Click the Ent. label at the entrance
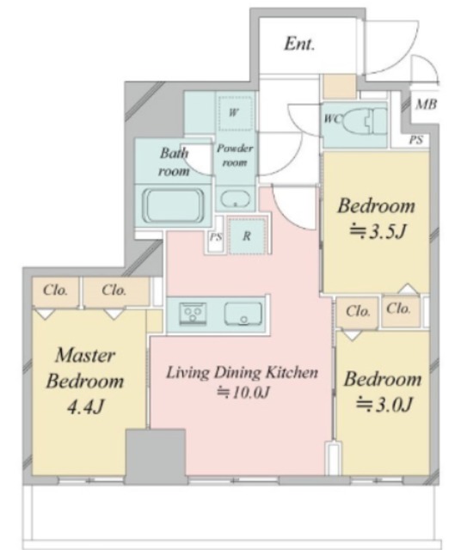click(x=299, y=44)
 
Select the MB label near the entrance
click(x=426, y=104)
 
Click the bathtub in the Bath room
click(x=174, y=205)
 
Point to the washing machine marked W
click(x=234, y=113)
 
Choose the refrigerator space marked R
click(x=247, y=235)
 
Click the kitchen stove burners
click(x=193, y=313)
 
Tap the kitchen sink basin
click(x=243, y=314)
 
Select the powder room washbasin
click(x=235, y=199)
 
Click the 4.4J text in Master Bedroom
click(x=85, y=406)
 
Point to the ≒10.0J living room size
click(x=243, y=393)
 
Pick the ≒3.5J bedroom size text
click(x=378, y=232)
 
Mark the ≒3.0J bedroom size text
click(x=384, y=405)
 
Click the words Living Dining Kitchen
click(x=242, y=372)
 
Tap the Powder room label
click(x=235, y=155)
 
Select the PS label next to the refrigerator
click(x=216, y=237)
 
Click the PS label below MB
click(x=415, y=140)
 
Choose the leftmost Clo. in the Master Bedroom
click(x=55, y=290)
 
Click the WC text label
click(x=332, y=119)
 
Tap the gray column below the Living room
click(x=156, y=456)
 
